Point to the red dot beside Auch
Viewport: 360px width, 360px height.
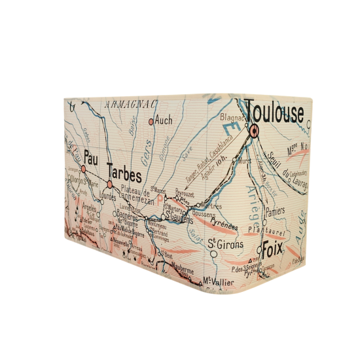coord(151,121)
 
